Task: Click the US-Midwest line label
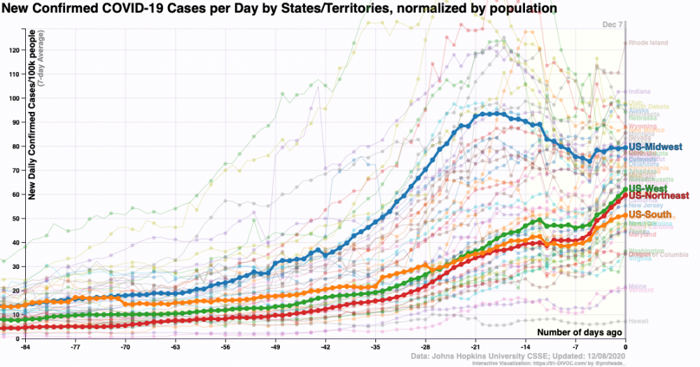[x=655, y=146]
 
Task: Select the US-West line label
[x=648, y=189]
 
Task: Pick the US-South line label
[x=650, y=214]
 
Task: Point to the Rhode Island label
[x=648, y=43]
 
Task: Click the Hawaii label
[x=638, y=321]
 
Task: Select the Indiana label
[x=640, y=91]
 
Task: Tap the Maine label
[x=638, y=286]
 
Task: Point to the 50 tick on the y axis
[x=16, y=219]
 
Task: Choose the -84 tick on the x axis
[x=25, y=347]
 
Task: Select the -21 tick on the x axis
[x=475, y=347]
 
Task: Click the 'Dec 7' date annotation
[x=612, y=25]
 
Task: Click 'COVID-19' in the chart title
[x=134, y=8]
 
